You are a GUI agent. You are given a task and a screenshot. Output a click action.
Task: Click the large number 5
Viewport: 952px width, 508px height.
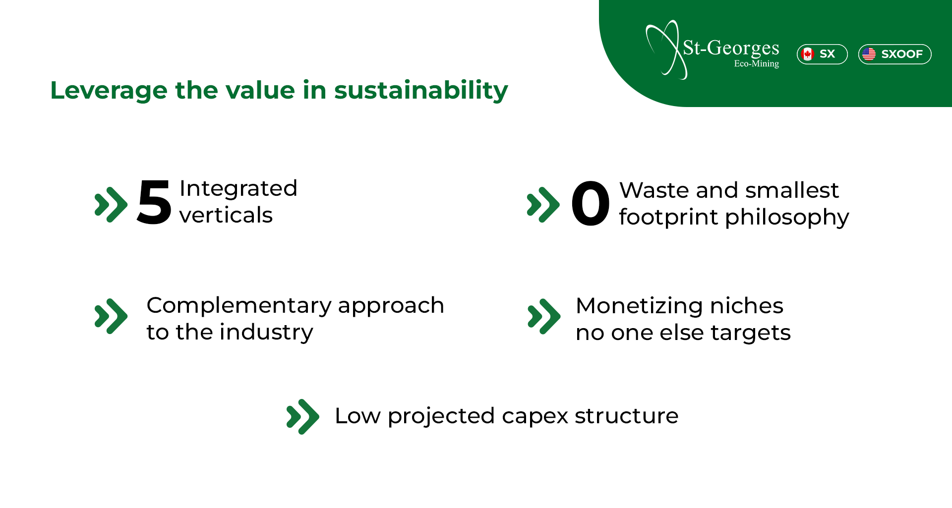[x=154, y=202]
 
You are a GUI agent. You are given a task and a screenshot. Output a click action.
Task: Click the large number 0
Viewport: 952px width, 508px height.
[x=590, y=203]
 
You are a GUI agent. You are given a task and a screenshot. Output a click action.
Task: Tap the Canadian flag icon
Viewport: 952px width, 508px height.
[x=808, y=54]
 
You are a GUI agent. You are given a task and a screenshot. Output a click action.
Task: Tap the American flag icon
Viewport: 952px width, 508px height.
[x=869, y=54]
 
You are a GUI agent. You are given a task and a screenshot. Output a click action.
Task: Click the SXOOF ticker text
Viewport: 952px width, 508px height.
[x=902, y=54]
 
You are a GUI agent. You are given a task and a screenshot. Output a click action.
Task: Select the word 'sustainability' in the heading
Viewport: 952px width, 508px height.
[x=421, y=91]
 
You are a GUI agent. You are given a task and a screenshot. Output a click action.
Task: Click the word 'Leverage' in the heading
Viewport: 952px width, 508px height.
[x=109, y=91]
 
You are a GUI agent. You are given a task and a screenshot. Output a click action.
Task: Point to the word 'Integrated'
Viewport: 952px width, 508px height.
[x=238, y=188]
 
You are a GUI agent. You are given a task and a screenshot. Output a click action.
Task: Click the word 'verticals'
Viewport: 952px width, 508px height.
[x=226, y=215]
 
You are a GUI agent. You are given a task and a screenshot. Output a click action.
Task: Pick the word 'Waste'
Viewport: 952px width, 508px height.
[x=654, y=190]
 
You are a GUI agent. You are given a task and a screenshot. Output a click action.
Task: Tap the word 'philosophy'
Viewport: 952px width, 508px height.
[x=787, y=218]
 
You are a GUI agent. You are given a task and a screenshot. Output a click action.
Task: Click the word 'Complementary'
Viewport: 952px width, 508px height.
[x=239, y=305]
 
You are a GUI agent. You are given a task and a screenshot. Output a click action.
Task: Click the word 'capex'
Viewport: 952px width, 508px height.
[x=535, y=416]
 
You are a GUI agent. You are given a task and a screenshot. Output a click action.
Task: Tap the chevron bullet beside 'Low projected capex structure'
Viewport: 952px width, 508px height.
[x=302, y=417]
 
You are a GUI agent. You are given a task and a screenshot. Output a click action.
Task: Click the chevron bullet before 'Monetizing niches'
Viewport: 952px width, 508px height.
[x=544, y=317]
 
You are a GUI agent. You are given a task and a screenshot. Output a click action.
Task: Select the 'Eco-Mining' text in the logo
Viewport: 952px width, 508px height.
[x=757, y=63]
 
